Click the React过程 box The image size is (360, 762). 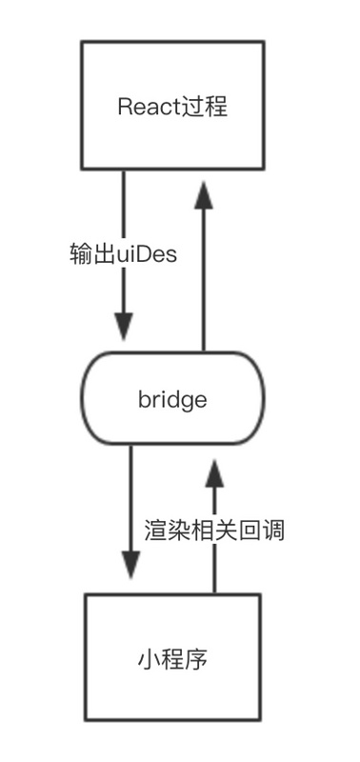(172, 105)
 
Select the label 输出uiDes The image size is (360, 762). (124, 254)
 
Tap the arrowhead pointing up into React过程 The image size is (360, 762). (202, 196)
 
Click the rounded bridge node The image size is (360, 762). (172, 398)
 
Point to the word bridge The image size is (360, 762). (172, 398)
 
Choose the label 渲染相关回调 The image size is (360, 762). (214, 529)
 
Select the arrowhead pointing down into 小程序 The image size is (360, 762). (130, 565)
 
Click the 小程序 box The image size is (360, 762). (172, 659)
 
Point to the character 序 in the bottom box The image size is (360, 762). (197, 659)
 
